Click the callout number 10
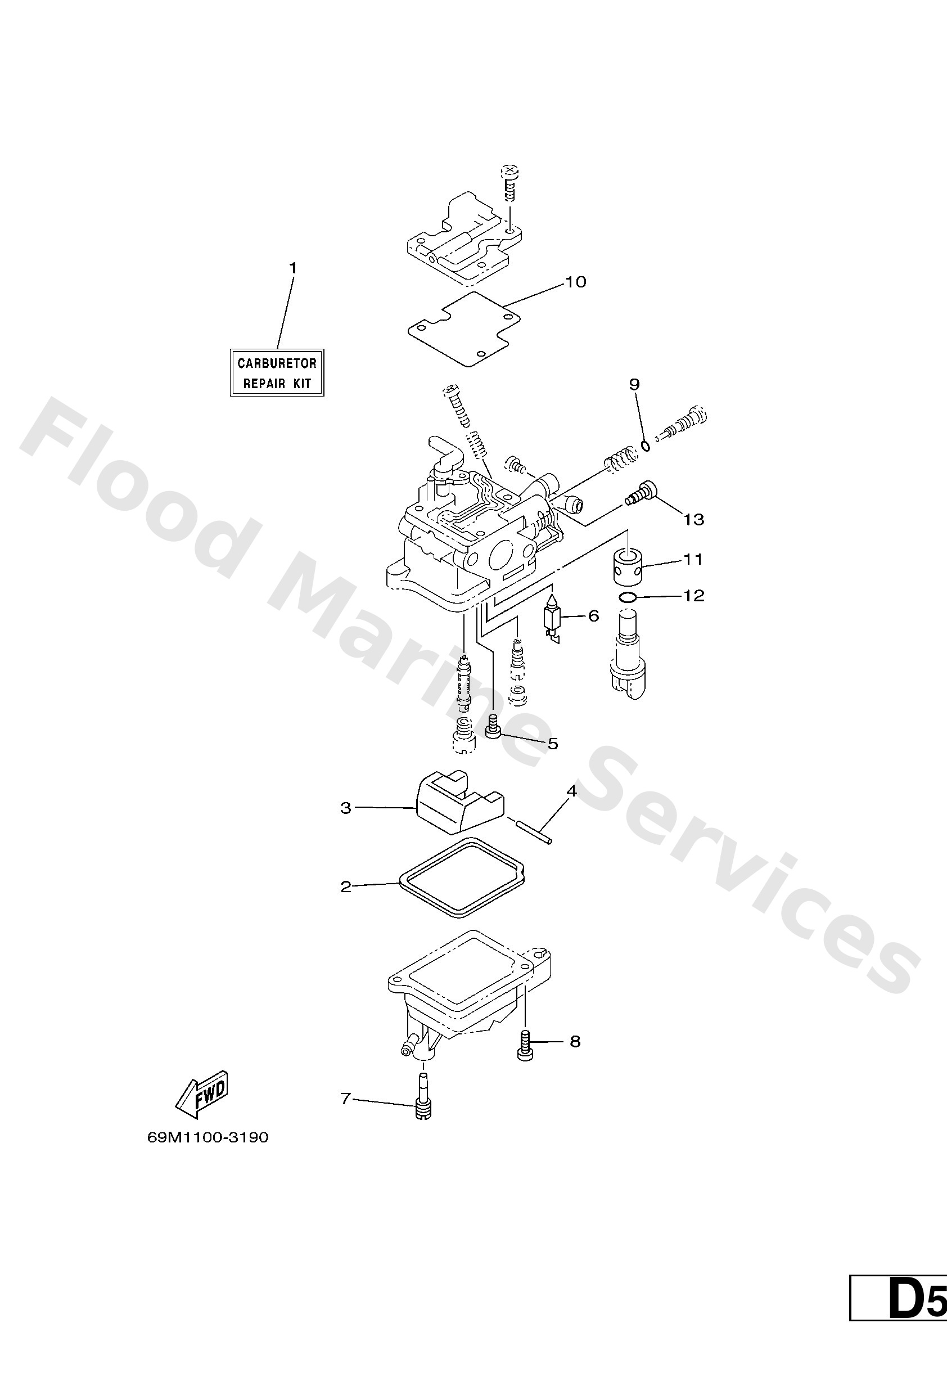(576, 282)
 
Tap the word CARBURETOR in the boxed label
(277, 363)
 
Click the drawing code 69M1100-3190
(208, 1137)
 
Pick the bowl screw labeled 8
(525, 1045)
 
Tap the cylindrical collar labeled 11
(628, 566)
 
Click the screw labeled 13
(640, 494)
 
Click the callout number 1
(293, 268)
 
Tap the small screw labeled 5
(493, 727)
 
